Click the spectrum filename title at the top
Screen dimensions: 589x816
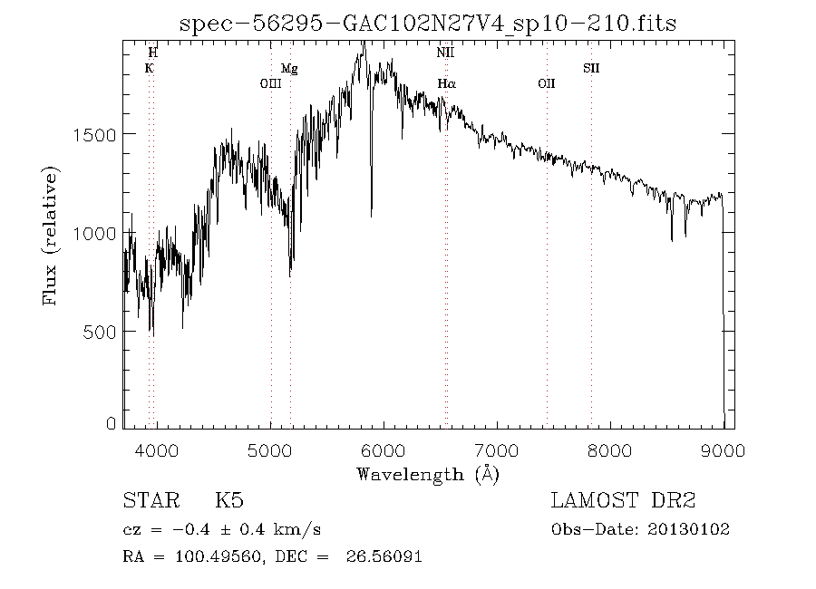pos(428,24)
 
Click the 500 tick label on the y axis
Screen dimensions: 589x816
pos(100,332)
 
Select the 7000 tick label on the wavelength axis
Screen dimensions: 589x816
pos(497,450)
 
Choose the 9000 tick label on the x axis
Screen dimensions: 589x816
pos(724,450)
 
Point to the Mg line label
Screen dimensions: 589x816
pos(288,68)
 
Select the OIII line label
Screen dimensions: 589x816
pos(270,84)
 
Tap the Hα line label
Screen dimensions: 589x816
pos(446,84)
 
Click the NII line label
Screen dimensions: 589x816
pos(444,53)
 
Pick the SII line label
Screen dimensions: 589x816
pos(591,68)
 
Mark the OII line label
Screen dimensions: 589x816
pos(546,84)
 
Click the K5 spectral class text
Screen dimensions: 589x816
pos(228,501)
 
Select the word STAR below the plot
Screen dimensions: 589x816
pos(145,501)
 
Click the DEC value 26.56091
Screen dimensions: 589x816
pos(384,556)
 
